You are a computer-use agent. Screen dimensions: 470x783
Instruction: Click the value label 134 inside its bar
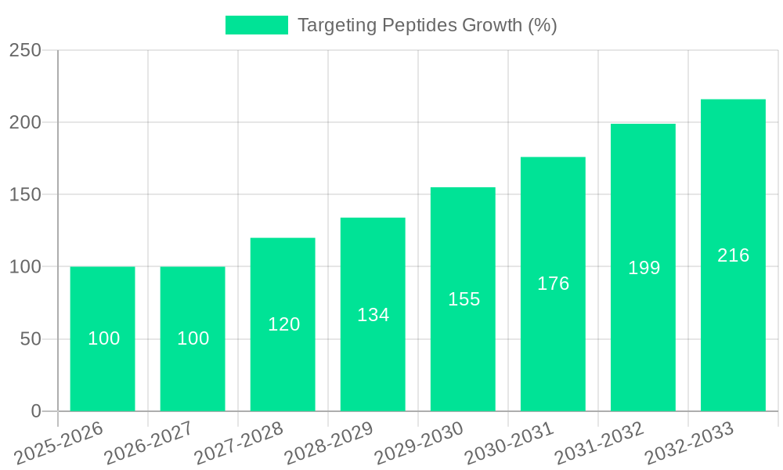point(373,315)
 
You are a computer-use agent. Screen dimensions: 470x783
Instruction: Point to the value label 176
point(554,284)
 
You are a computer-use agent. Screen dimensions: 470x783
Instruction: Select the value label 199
point(644,268)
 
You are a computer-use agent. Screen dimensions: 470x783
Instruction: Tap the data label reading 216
point(734,255)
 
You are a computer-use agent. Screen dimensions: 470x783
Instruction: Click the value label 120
point(283,324)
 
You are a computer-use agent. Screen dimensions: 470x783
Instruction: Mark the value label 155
point(464,299)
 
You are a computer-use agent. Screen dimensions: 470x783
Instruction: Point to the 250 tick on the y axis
point(25,50)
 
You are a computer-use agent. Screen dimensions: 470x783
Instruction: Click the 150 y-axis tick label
point(25,194)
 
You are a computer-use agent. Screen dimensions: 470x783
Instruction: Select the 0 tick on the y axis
point(36,411)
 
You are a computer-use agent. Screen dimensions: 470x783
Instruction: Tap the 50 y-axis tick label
point(31,339)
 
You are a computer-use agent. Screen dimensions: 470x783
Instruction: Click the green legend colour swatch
point(256,25)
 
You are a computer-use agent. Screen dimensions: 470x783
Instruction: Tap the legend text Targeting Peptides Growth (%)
point(428,25)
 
